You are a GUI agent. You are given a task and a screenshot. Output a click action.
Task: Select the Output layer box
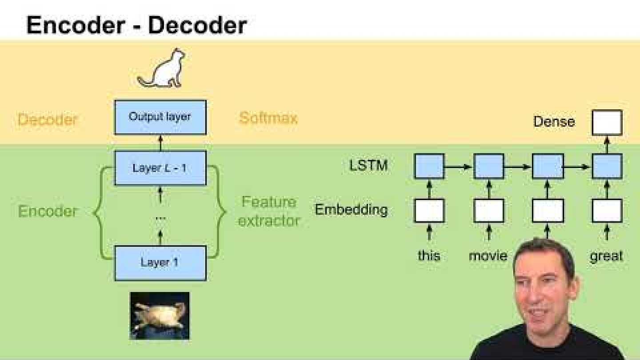click(160, 117)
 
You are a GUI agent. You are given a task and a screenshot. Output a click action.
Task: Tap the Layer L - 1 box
click(160, 168)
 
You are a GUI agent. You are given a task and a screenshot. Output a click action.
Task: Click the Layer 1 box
click(160, 263)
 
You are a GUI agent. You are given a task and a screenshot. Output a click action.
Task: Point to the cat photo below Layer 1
click(160, 316)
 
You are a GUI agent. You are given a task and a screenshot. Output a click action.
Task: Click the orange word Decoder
click(48, 119)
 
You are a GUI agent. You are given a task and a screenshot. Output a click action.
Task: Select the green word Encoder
click(48, 211)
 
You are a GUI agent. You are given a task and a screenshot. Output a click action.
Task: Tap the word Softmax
click(268, 118)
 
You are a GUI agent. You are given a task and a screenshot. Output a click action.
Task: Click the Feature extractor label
click(268, 211)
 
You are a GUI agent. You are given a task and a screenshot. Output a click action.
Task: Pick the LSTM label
click(368, 166)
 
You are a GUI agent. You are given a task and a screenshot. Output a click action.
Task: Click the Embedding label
click(351, 209)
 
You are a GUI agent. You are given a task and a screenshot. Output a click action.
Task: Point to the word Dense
click(554, 121)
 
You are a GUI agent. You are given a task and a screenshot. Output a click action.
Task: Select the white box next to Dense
click(607, 123)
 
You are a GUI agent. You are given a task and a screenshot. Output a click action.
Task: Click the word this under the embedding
click(429, 256)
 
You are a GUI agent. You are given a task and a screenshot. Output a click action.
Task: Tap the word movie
click(488, 256)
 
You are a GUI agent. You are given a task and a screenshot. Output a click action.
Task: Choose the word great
click(606, 256)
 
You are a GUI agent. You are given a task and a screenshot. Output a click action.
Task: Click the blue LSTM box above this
click(429, 166)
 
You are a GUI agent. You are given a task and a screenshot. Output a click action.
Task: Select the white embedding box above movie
click(488, 210)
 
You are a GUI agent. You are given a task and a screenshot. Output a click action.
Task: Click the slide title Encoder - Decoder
click(136, 25)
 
